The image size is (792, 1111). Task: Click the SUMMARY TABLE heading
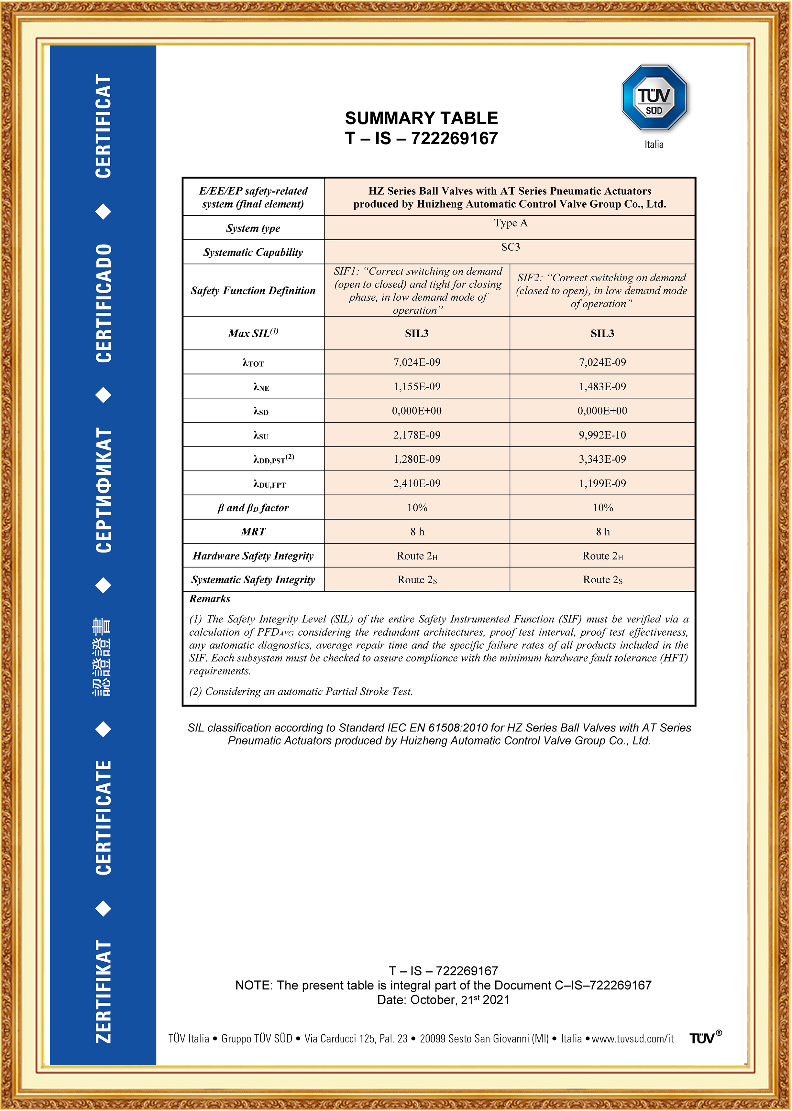point(421,118)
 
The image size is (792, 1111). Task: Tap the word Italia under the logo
point(654,145)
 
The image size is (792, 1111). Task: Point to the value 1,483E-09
point(602,386)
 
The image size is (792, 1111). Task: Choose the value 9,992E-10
point(602,435)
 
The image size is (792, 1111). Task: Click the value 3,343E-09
point(602,459)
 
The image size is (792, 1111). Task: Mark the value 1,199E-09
point(602,483)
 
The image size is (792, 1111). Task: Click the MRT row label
point(253,532)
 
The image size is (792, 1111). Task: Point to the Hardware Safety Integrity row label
point(253,556)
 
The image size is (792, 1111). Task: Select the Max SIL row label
point(253,333)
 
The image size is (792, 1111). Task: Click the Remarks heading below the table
point(210,599)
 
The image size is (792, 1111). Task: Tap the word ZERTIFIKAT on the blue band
point(104,992)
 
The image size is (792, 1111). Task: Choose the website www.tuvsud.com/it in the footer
point(632,1038)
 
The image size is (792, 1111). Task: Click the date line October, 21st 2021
point(443,1000)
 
